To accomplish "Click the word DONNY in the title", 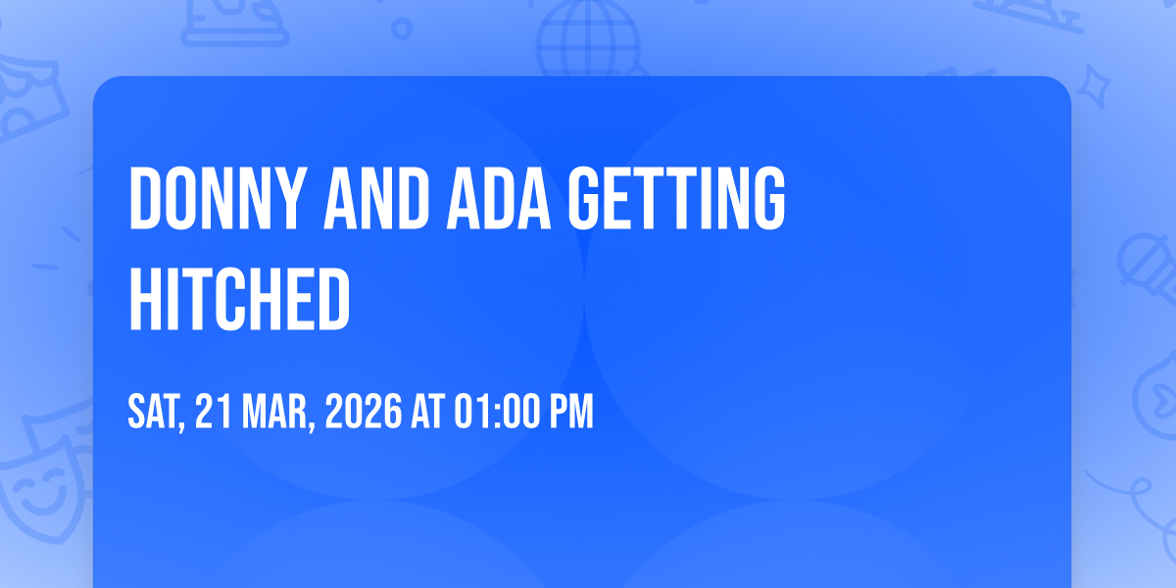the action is pos(218,198).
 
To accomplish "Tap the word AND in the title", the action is pos(376,198).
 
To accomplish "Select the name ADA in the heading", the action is pos(499,198).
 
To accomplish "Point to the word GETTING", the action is pos(677,198).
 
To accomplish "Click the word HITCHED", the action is pos(239,298).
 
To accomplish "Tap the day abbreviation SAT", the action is pos(157,413).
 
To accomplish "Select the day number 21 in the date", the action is pos(214,411).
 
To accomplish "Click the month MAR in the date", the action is pos(278,413).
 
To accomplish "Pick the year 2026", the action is pos(364,411).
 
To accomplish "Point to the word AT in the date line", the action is pos(428,411).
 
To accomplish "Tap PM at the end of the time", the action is pos(571,411).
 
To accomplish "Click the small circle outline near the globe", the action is pos(402,28).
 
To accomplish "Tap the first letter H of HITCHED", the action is pos(146,298).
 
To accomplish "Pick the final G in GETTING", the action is pos(769,198).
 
